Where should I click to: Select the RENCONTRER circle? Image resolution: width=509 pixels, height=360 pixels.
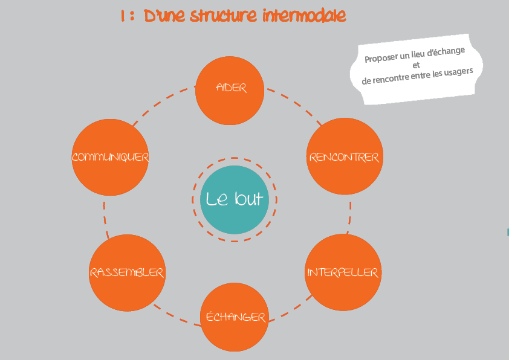pyautogui.click(x=344, y=157)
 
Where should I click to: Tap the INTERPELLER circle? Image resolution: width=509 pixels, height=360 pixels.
pyautogui.click(x=343, y=272)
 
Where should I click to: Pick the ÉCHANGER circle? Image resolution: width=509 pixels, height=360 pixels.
pyautogui.click(x=235, y=317)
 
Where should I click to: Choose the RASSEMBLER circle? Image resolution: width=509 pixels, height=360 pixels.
pyautogui.click(x=126, y=272)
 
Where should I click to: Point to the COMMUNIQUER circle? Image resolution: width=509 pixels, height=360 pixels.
pyautogui.click(x=110, y=157)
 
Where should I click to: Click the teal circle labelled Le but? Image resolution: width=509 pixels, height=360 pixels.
pyautogui.click(x=235, y=199)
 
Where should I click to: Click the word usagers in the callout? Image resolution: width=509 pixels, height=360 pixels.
pyautogui.click(x=457, y=71)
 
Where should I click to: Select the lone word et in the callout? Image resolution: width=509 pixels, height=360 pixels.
pyautogui.click(x=416, y=65)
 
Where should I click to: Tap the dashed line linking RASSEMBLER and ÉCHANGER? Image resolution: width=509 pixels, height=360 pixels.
pyautogui.click(x=175, y=315)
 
